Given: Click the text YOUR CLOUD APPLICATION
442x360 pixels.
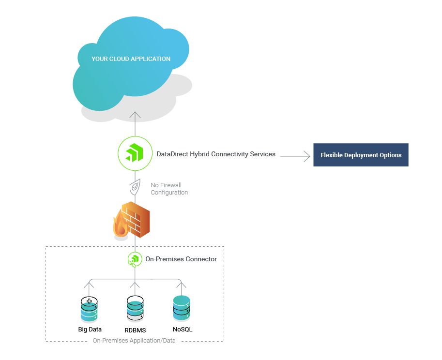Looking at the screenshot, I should [131, 59].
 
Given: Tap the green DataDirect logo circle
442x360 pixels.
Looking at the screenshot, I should [135, 154].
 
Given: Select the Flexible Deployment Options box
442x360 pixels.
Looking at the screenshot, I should [361, 155].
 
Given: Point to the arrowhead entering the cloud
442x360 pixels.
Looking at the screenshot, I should [135, 115].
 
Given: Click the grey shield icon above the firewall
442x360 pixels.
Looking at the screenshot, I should [135, 187].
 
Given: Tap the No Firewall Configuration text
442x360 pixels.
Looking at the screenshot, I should [169, 189].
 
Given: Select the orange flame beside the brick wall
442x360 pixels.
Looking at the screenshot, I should [120, 224].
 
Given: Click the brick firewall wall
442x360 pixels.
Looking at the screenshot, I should [137, 220].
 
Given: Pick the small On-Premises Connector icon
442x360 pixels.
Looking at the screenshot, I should [135, 259].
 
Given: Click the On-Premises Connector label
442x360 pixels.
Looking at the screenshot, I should [181, 259].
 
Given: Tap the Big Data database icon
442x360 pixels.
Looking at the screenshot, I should [89, 310].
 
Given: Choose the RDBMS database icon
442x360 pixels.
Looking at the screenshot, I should [135, 308].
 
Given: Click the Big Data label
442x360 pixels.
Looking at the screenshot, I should [90, 330].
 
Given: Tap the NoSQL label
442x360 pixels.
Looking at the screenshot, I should [183, 330].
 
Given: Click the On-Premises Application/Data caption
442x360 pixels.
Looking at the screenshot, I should [134, 341].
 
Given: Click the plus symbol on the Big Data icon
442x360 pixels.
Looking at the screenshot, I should [89, 301].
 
